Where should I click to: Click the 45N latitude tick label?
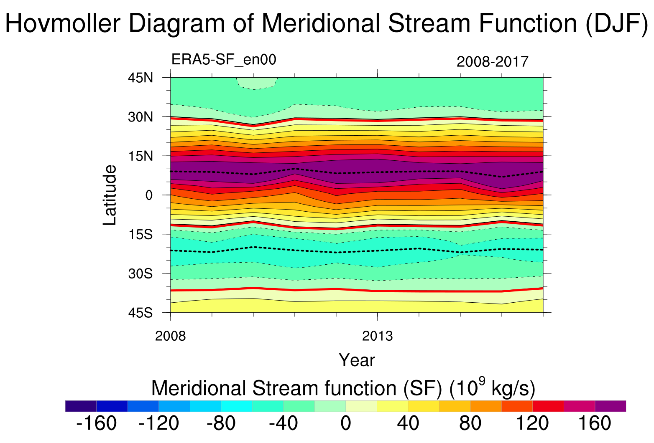(140, 78)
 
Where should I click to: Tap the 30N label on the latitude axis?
(140, 117)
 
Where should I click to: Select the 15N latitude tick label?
(140, 156)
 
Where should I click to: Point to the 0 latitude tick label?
(149, 195)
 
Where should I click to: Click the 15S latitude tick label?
(140, 235)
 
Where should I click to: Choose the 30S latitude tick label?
(140, 274)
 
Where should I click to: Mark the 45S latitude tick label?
(140, 313)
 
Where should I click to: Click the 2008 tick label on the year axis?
(170, 336)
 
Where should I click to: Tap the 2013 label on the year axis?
(378, 336)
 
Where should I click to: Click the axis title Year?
(357, 360)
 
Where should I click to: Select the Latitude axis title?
(110, 195)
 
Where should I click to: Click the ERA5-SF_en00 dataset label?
(224, 60)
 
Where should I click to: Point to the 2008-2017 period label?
(493, 62)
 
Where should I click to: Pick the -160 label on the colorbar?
(97, 423)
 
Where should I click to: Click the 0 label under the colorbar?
(345, 423)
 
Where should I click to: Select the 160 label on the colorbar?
(595, 423)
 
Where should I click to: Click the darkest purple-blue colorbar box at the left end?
(81, 406)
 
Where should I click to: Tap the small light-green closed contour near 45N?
(256, 83)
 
